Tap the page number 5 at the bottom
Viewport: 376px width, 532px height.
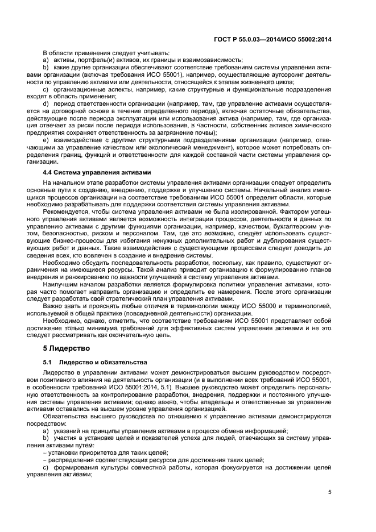coord(329,493)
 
